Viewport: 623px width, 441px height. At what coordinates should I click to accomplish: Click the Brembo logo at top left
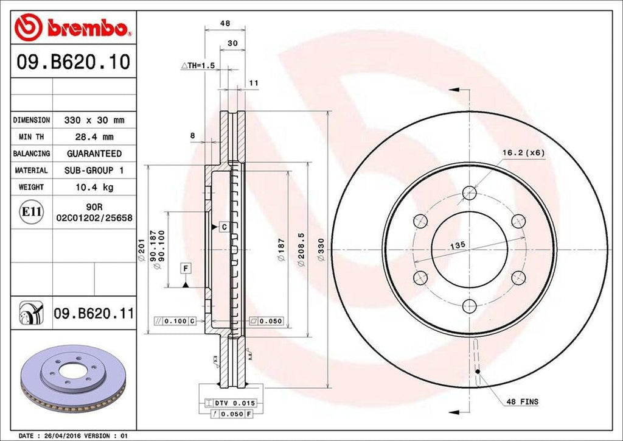pos(72,28)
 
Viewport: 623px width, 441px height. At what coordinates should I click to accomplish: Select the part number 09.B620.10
pos(72,62)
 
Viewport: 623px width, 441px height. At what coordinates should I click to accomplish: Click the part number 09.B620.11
pos(94,314)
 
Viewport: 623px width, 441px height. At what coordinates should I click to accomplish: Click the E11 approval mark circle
pos(31,212)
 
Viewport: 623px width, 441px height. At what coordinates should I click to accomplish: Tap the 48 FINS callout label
pos(522,401)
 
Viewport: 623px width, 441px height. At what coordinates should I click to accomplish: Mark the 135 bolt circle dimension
pos(458,244)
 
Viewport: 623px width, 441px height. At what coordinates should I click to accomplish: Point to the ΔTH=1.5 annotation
pos(198,65)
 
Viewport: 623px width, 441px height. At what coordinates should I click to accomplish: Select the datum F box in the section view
pos(185,268)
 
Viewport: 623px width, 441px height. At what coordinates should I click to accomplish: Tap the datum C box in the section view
pos(223,227)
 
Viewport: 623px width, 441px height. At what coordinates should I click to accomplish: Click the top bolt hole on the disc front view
pos(468,193)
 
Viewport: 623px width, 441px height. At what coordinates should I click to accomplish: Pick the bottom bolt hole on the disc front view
pos(468,306)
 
